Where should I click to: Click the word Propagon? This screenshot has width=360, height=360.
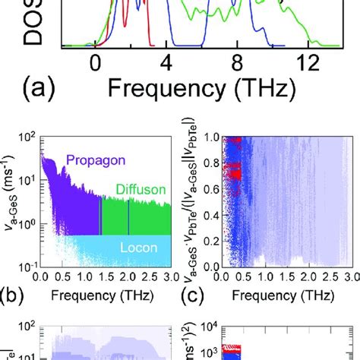tap(97, 160)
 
